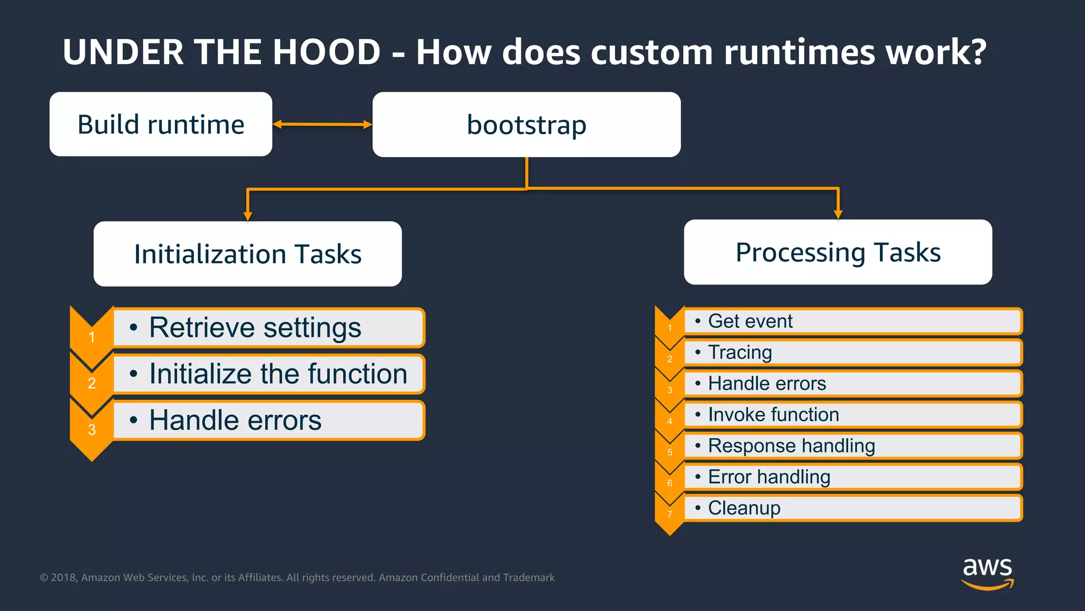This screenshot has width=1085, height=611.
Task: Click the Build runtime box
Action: click(x=161, y=125)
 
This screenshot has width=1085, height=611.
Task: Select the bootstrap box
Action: click(x=526, y=125)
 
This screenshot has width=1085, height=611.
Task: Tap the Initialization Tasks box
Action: click(x=247, y=254)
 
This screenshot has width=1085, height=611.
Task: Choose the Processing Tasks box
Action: click(x=838, y=252)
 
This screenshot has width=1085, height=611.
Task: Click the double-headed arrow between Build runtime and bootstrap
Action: click(x=322, y=125)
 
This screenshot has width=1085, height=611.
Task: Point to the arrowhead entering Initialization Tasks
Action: click(x=247, y=215)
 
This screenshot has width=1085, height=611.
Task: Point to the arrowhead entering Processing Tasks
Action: click(x=838, y=214)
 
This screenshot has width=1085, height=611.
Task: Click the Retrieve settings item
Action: click(x=269, y=327)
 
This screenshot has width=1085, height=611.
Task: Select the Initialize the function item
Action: click(x=269, y=374)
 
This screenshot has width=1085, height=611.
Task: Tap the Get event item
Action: click(x=852, y=321)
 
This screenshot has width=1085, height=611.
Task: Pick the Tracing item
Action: click(x=852, y=352)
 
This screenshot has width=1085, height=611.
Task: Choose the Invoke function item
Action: click(x=852, y=415)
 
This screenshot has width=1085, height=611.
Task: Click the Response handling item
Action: click(x=852, y=446)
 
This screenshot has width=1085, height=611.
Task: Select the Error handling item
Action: click(x=852, y=477)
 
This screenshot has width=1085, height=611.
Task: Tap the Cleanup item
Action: click(x=852, y=508)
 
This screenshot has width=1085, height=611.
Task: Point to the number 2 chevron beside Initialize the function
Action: click(x=92, y=383)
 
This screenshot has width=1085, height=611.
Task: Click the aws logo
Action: click(x=988, y=573)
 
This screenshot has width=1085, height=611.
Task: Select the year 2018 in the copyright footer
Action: click(x=63, y=578)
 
